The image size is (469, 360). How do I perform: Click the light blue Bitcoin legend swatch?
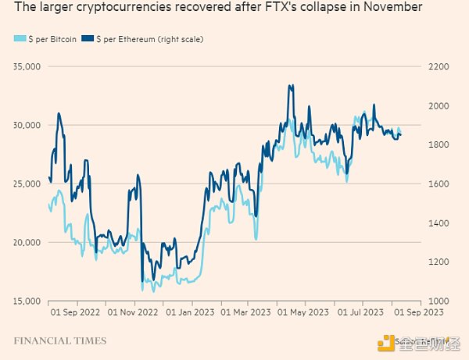click(20, 39)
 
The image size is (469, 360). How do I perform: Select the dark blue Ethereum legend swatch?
click(88, 39)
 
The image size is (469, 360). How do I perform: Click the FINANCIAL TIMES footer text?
click(59, 341)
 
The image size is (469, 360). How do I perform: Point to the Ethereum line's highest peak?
click(291, 85)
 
